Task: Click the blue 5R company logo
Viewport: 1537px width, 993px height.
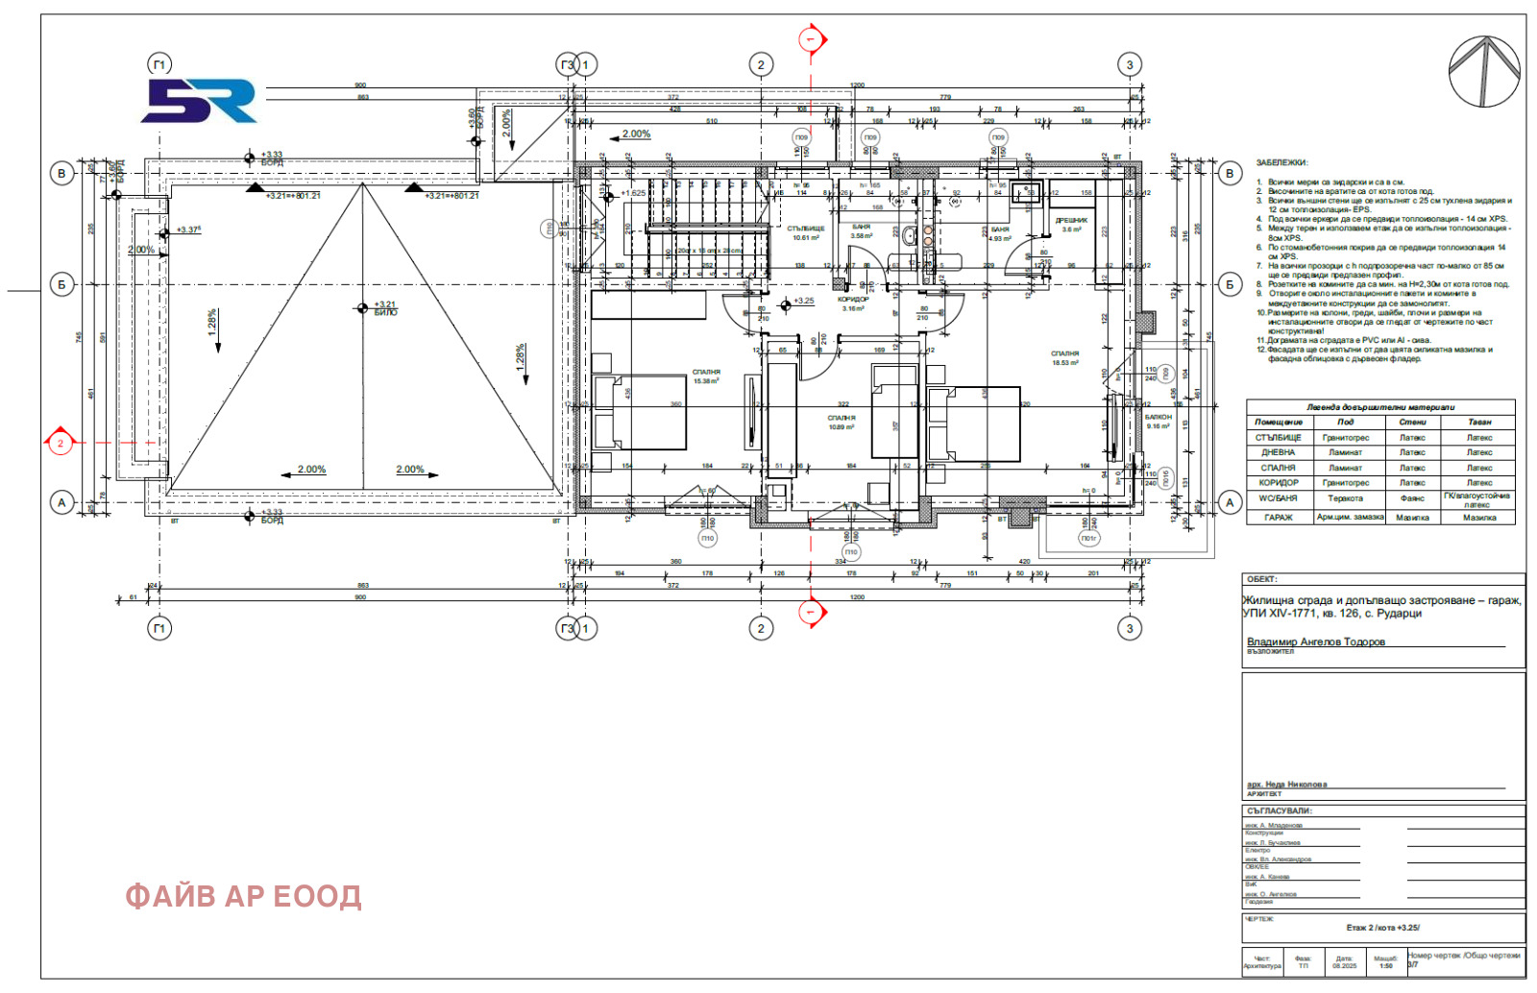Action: point(200,101)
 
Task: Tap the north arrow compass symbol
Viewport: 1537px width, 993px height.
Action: point(1484,71)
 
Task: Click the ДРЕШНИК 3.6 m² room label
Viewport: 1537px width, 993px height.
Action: point(1071,224)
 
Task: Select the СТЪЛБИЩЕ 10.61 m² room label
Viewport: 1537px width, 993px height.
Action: point(806,232)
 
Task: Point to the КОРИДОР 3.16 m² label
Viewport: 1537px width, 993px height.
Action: point(853,303)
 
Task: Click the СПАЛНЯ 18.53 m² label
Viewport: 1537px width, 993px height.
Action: point(1064,358)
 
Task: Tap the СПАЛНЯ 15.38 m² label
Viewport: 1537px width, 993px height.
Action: point(706,375)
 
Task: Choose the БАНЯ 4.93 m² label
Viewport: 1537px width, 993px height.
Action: point(1000,233)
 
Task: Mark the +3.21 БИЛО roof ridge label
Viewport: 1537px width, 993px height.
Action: point(384,307)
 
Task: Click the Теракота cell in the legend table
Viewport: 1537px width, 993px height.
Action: point(1345,498)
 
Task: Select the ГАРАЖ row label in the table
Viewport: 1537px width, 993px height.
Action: point(1278,518)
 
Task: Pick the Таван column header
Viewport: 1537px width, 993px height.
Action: point(1478,422)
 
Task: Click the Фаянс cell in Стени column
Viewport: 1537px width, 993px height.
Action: point(1412,498)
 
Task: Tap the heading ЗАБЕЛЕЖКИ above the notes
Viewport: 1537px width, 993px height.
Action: point(1281,163)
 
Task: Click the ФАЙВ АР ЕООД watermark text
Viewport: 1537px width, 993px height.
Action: point(243,896)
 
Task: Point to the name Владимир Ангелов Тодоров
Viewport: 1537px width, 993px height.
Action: point(1315,642)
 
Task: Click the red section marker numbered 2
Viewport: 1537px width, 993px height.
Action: point(61,443)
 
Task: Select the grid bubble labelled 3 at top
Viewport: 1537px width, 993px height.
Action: point(1129,65)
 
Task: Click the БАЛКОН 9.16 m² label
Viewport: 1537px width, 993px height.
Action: point(1159,421)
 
